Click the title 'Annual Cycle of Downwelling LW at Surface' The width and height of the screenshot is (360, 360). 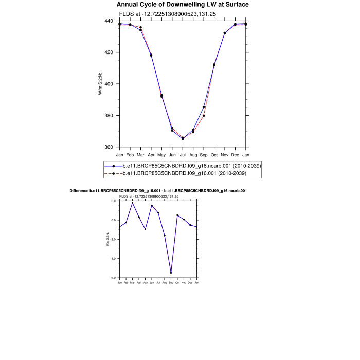tap(183, 5)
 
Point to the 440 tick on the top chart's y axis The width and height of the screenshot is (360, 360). tap(109, 21)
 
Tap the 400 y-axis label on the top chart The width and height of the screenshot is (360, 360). tap(109, 84)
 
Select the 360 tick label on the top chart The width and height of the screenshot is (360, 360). tap(109, 147)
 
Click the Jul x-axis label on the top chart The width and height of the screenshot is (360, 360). tap(183, 154)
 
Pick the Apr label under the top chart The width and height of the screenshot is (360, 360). tap(151, 154)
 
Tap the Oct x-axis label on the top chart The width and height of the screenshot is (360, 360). tap(214, 154)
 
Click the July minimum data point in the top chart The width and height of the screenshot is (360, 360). tap(183, 138)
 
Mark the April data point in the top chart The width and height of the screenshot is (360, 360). tap(151, 55)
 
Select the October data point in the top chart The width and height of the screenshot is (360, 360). tap(214, 65)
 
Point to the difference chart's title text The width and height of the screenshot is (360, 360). tap(158, 191)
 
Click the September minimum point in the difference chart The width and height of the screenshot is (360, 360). tap(171, 273)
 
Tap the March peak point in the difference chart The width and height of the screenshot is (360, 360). tap(132, 203)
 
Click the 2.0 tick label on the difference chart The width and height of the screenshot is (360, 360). tap(113, 201)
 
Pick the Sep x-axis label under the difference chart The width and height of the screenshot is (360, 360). tap(171, 283)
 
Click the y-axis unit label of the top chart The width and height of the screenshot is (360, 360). tap(101, 84)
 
